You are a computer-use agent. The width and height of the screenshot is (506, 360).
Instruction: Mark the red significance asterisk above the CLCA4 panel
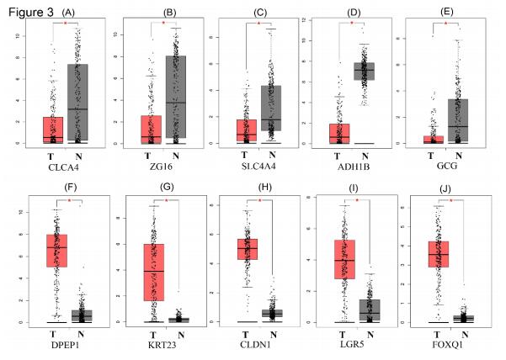[x=67, y=24]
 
